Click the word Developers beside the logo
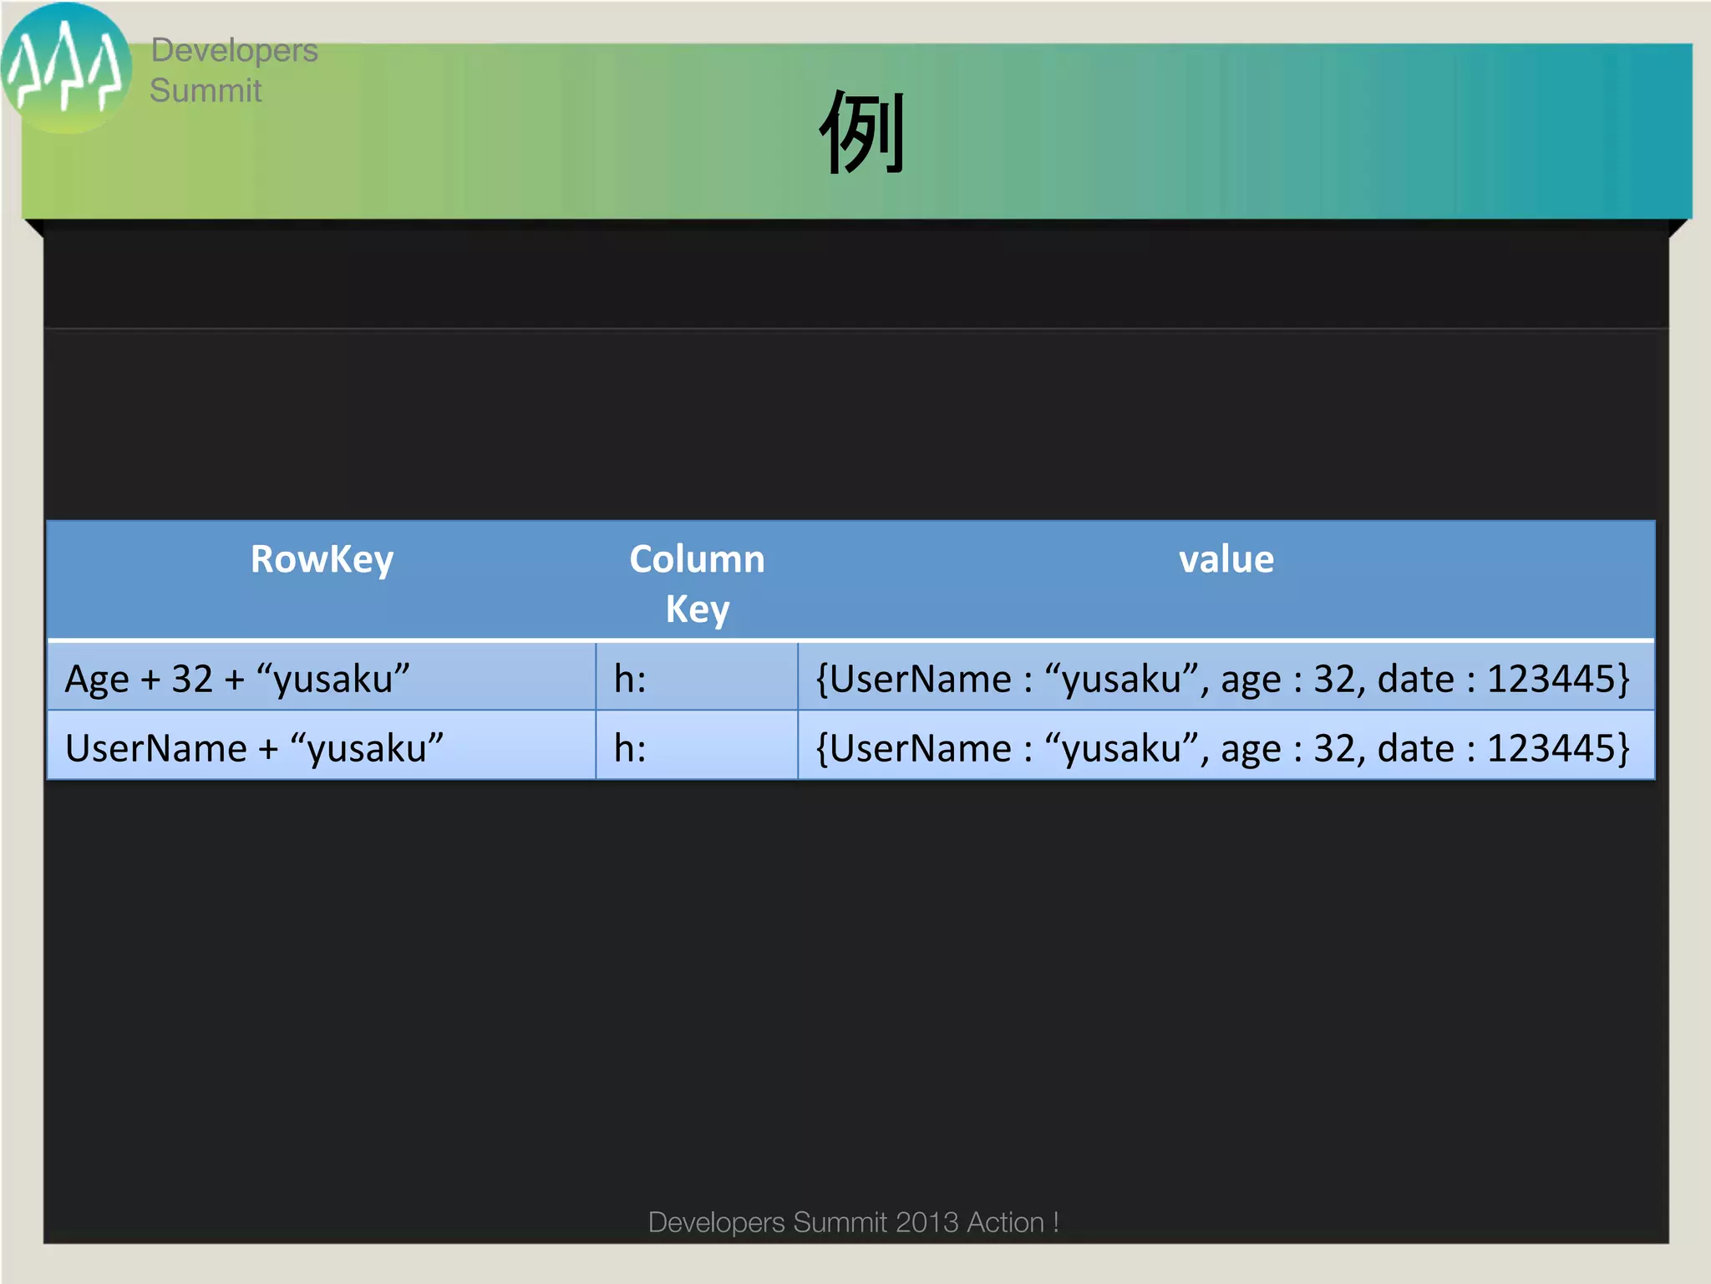tap(234, 50)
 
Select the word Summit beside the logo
tap(206, 90)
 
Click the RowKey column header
tap(322, 559)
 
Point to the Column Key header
tap(697, 583)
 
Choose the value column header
tap(1226, 559)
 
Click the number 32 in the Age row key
tap(192, 679)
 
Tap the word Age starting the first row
tap(97, 679)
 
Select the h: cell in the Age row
tap(630, 679)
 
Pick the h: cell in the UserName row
tap(630, 748)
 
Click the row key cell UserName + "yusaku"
tap(254, 748)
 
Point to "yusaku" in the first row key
tap(333, 679)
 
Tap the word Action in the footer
tap(1005, 1222)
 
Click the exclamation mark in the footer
tap(1056, 1222)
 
